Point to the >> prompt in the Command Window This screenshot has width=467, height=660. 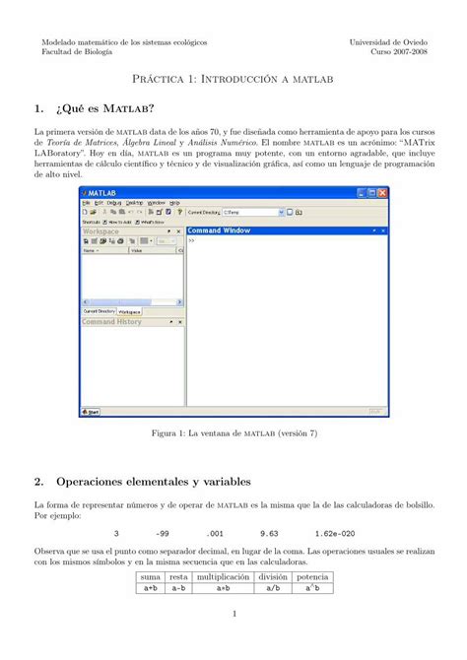pos(191,239)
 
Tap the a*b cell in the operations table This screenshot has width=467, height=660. pos(223,588)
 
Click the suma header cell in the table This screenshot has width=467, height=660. pos(151,576)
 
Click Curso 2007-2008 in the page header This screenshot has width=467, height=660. pos(399,53)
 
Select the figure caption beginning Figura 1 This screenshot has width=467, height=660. pos(233,432)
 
